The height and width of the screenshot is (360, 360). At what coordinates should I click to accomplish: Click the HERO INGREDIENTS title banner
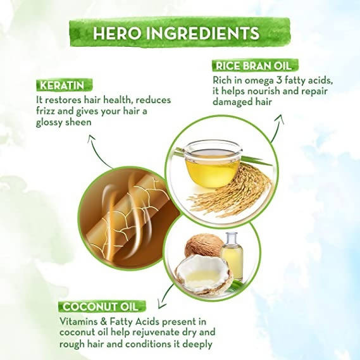coord(180,33)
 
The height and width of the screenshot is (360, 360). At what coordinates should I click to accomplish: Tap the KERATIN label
coord(64,85)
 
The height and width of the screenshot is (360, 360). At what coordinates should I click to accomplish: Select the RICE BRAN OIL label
coord(255,66)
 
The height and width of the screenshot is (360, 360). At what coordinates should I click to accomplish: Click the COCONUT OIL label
coord(102,306)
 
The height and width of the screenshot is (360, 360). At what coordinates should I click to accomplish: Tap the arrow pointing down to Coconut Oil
coord(165,296)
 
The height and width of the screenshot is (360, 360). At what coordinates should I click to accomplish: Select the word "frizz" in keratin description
coord(44,111)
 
